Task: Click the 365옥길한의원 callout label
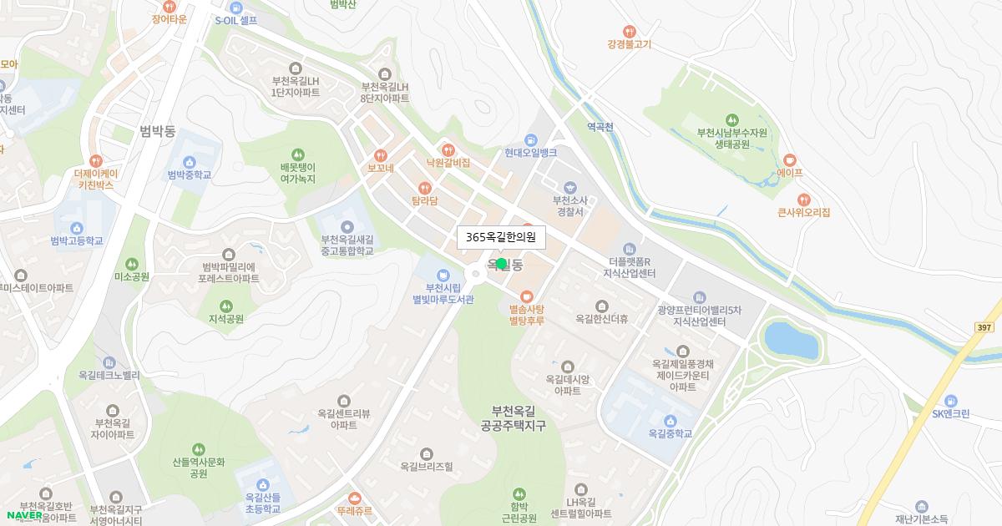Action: (x=501, y=237)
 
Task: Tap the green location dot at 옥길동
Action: (x=501, y=264)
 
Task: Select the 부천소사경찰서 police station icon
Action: (x=570, y=187)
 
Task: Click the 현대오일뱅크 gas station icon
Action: (x=530, y=139)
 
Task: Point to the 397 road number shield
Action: (x=983, y=328)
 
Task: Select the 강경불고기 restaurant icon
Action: (x=630, y=31)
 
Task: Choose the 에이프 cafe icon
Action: (x=789, y=159)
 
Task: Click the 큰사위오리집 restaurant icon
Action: (x=803, y=200)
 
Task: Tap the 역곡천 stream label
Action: (x=600, y=127)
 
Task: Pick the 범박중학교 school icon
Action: (x=189, y=161)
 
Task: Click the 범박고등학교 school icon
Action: (x=77, y=227)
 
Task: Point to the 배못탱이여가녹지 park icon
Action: (x=297, y=154)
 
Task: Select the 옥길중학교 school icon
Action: (x=670, y=420)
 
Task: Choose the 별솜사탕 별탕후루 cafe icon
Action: (x=526, y=296)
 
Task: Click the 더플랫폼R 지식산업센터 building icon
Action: (x=630, y=249)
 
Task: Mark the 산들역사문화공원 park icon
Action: (x=199, y=449)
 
